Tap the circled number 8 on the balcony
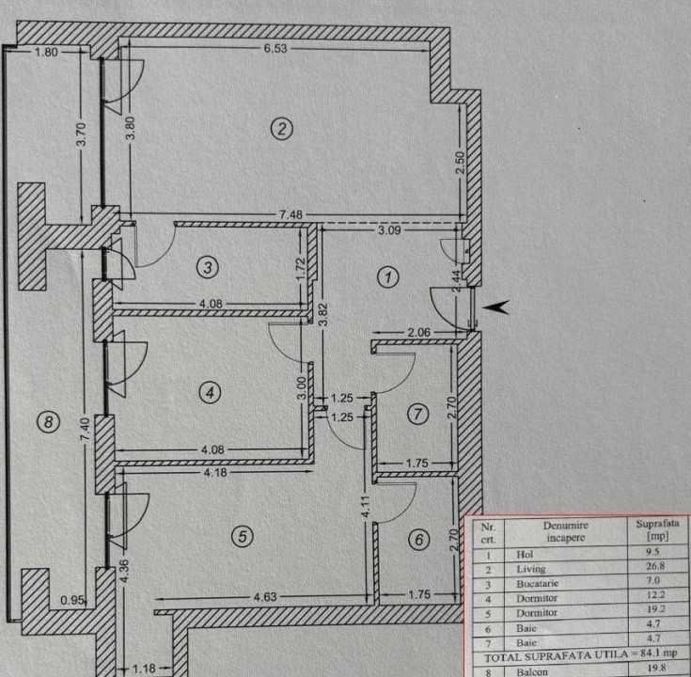(x=49, y=422)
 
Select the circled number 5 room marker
(x=243, y=537)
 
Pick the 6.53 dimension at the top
(x=275, y=50)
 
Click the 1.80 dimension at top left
(x=46, y=52)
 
